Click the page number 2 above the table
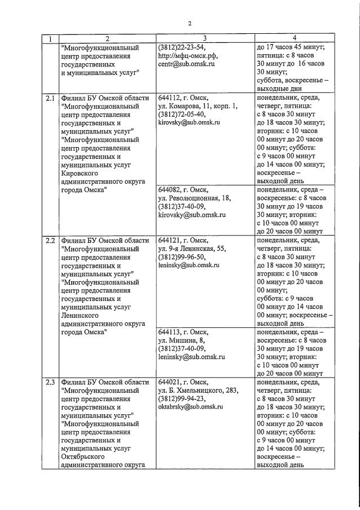click(x=190, y=23)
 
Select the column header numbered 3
click(x=205, y=38)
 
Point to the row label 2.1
click(x=50, y=97)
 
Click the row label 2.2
click(x=50, y=241)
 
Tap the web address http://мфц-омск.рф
click(x=188, y=56)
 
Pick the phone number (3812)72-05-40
click(x=183, y=114)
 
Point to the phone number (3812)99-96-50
click(x=183, y=257)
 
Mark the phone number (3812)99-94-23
click(x=183, y=398)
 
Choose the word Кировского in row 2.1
click(x=83, y=174)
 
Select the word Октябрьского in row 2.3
click(x=86, y=456)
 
